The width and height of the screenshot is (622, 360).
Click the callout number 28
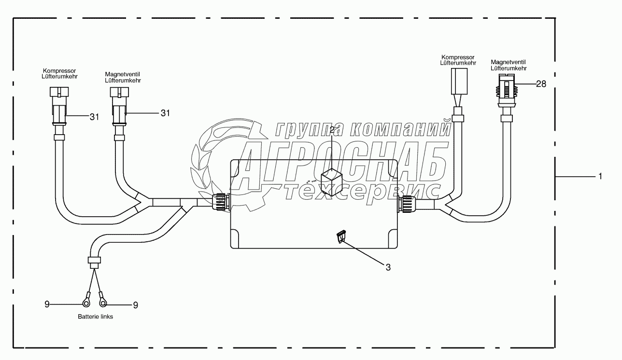click(541, 84)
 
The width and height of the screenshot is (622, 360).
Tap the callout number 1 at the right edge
click(600, 176)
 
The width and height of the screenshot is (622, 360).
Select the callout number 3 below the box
click(388, 267)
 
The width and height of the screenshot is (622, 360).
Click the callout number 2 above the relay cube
click(332, 130)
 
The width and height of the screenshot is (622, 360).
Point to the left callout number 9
click(47, 305)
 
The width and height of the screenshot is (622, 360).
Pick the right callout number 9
click(135, 305)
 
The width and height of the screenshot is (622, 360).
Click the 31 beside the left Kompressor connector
click(95, 117)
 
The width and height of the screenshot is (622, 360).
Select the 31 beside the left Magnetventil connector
click(165, 113)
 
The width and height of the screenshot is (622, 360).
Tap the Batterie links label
click(95, 317)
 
